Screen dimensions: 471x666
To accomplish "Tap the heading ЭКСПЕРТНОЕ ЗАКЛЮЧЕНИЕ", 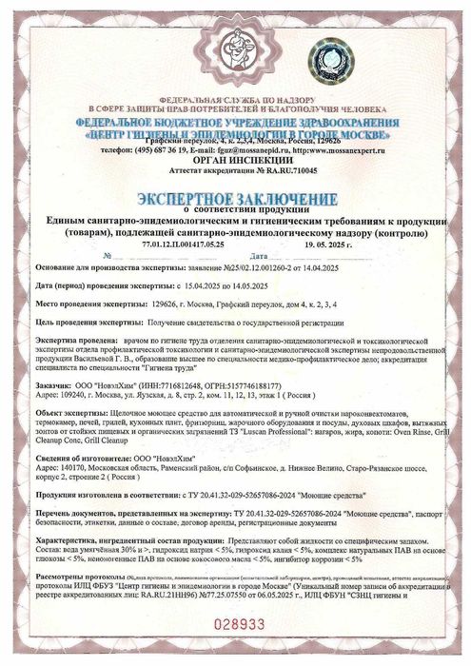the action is coord(235,197).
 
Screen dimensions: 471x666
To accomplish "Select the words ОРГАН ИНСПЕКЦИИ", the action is coord(235,161).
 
